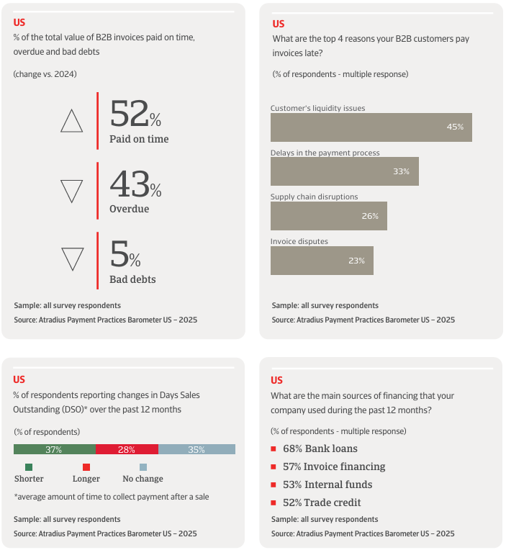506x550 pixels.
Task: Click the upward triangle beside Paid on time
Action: click(x=72, y=121)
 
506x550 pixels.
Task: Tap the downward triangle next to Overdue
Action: click(x=72, y=191)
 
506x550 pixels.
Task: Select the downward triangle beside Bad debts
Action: click(x=72, y=259)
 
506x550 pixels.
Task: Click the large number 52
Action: click(x=129, y=114)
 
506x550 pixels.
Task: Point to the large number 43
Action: click(x=129, y=184)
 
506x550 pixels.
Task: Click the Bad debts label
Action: click(x=132, y=279)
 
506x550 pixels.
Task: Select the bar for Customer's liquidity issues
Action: click(x=371, y=127)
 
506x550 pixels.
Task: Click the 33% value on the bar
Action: click(x=401, y=171)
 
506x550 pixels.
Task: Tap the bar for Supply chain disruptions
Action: click(x=328, y=216)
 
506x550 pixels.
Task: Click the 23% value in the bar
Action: click(x=356, y=261)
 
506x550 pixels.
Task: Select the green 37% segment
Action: click(x=54, y=449)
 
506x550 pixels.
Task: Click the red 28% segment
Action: click(x=127, y=449)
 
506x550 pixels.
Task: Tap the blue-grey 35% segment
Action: click(x=196, y=449)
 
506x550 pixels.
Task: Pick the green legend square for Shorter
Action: click(x=29, y=466)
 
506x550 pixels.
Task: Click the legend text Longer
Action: click(x=86, y=479)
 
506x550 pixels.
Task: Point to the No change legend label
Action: click(x=143, y=479)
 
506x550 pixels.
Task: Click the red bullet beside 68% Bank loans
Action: click(x=274, y=449)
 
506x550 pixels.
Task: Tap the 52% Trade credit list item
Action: click(x=322, y=502)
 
